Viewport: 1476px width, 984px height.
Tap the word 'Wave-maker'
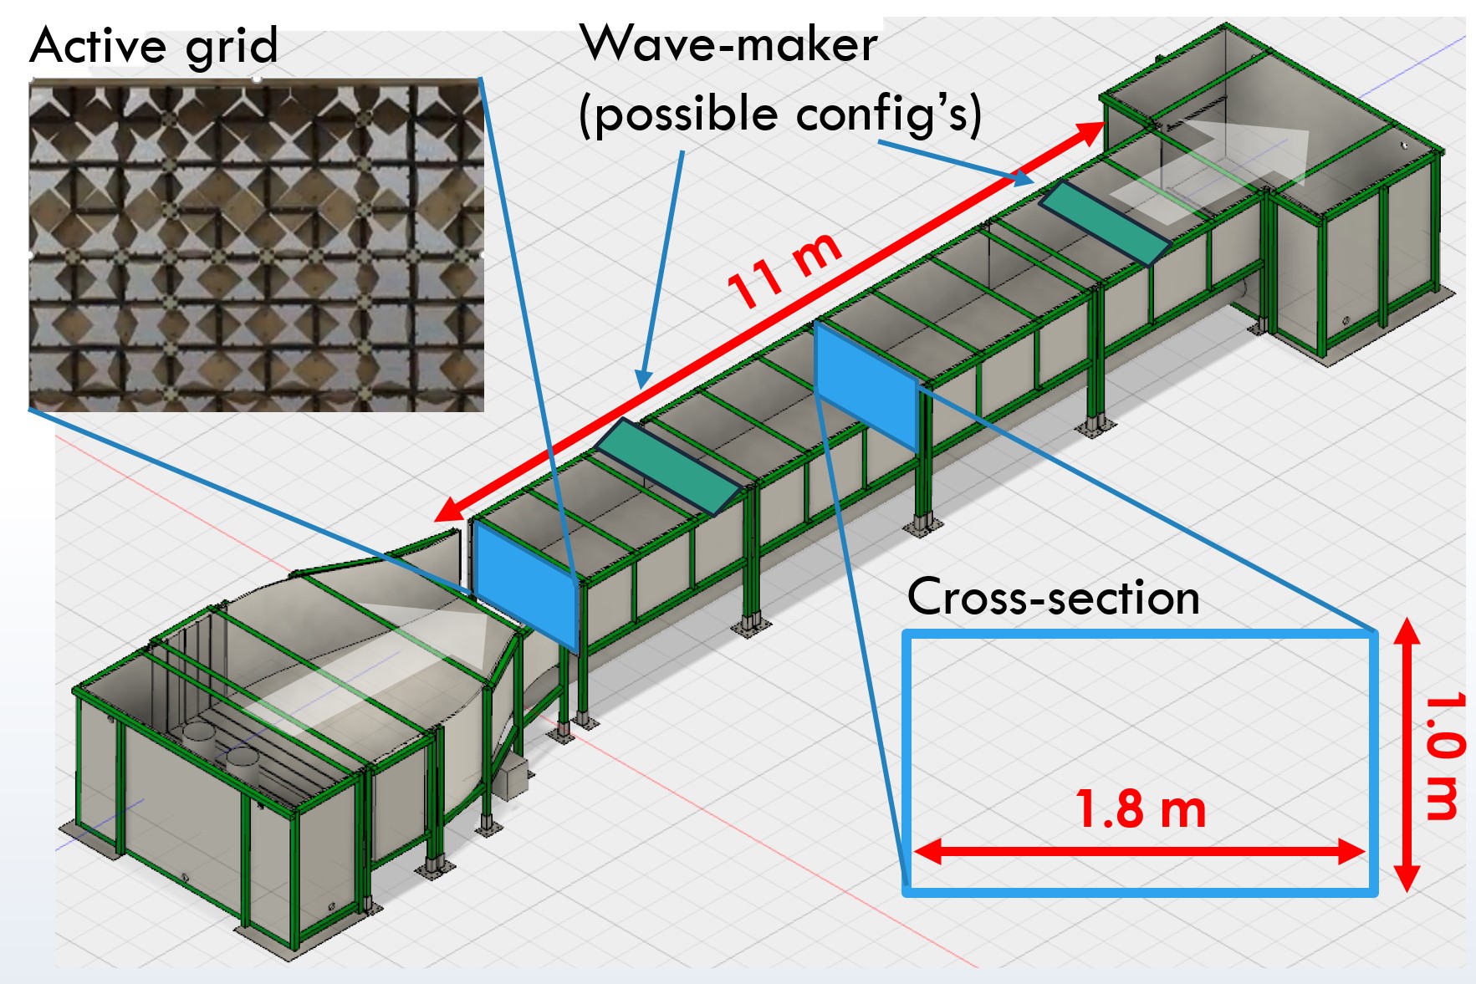[x=728, y=43]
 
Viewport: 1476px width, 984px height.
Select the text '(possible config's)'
[x=779, y=114]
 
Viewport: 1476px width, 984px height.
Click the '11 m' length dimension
[x=784, y=269]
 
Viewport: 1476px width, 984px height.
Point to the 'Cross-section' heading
[x=1053, y=597]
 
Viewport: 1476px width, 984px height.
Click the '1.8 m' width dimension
[x=1141, y=808]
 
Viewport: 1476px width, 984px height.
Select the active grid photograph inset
[x=256, y=245]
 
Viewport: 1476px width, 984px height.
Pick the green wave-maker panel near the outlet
[x=1104, y=222]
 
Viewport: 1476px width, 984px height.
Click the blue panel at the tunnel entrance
[x=525, y=585]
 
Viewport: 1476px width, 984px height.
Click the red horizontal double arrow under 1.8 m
[x=1141, y=852]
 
